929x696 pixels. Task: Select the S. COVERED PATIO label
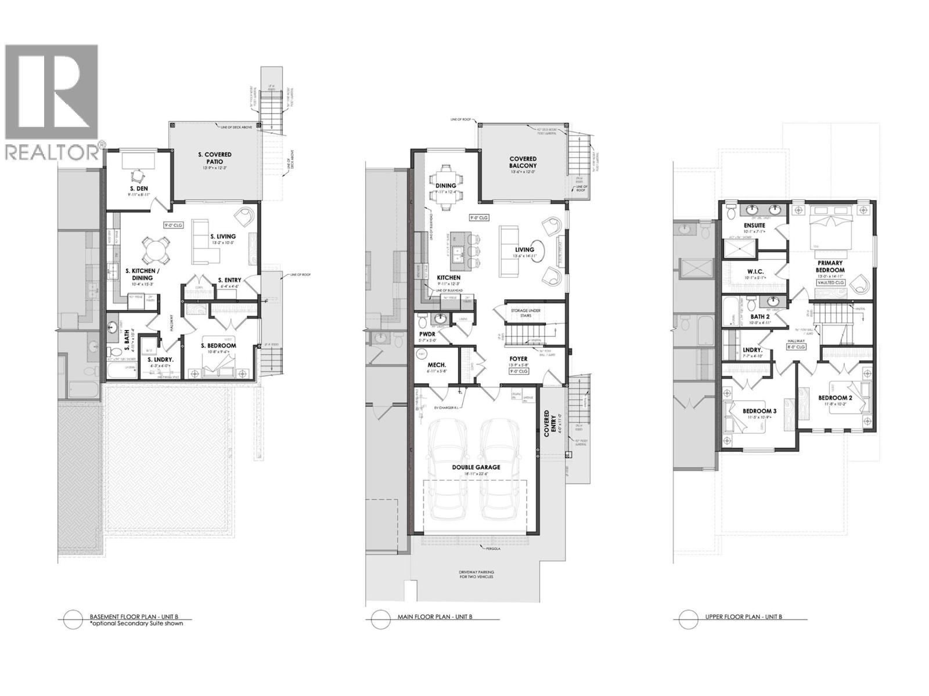click(215, 158)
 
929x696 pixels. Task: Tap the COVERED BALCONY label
click(523, 162)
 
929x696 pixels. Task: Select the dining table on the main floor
click(446, 186)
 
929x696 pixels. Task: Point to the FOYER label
click(518, 359)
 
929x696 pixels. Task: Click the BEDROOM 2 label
click(835, 398)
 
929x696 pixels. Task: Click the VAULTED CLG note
click(831, 282)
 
